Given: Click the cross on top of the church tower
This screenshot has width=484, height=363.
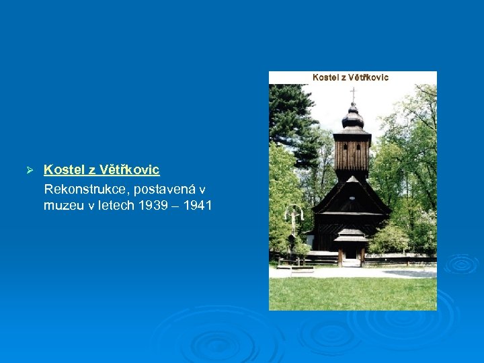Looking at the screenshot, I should [x=353, y=95].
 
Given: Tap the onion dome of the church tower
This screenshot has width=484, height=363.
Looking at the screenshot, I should [x=353, y=120].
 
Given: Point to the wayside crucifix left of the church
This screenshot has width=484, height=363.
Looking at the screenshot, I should [x=293, y=222].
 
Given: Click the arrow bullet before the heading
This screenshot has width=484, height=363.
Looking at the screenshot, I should [x=29, y=170].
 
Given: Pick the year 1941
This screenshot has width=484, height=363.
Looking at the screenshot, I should [x=197, y=206].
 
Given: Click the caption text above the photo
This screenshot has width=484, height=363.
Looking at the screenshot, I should [x=351, y=77].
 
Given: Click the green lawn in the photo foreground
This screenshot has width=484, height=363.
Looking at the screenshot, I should [x=353, y=292].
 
